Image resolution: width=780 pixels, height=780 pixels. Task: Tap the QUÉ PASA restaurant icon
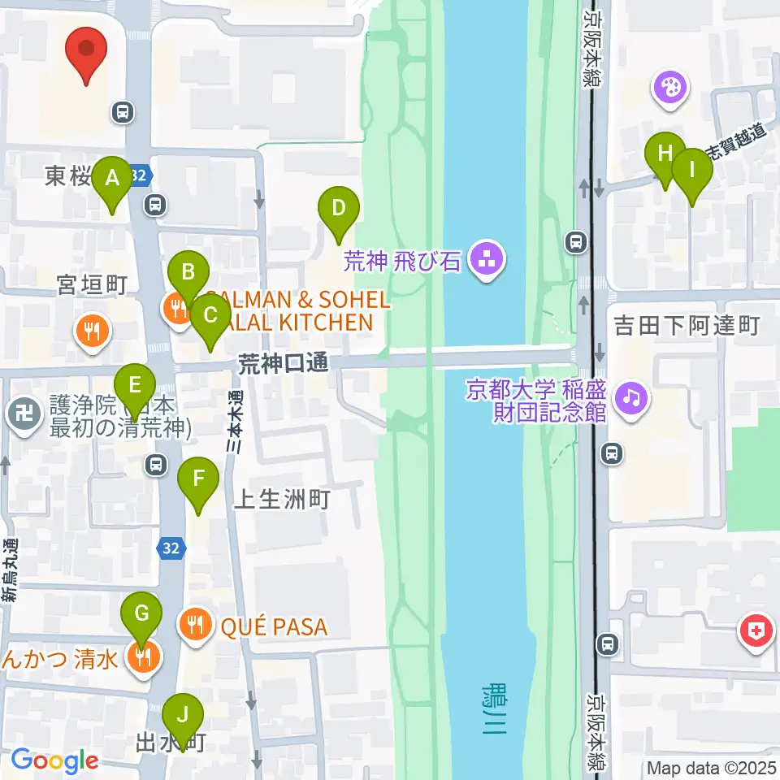point(194,626)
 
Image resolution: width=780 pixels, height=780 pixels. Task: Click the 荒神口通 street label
point(284,364)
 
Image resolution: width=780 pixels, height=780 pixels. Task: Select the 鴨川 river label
point(492,709)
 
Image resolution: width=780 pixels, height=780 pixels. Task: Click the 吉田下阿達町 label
point(687,327)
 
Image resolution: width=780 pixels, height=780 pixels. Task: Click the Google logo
point(54,761)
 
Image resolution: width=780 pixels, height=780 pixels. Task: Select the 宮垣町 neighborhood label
point(92,284)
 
